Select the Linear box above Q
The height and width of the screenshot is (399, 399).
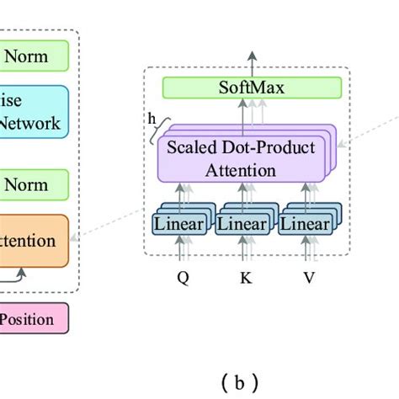pyautogui.click(x=178, y=225)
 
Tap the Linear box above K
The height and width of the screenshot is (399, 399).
pyautogui.click(x=242, y=225)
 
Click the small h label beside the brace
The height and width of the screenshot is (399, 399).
pyautogui.click(x=152, y=119)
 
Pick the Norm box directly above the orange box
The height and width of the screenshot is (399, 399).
pyautogui.click(x=34, y=184)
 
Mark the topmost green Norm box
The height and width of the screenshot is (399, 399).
pyautogui.click(x=34, y=57)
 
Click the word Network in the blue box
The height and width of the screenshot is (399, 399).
pyautogui.click(x=30, y=124)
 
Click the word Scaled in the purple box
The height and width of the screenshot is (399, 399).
pyautogui.click(x=192, y=148)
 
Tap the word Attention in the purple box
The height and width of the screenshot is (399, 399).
pyautogui.click(x=242, y=171)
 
